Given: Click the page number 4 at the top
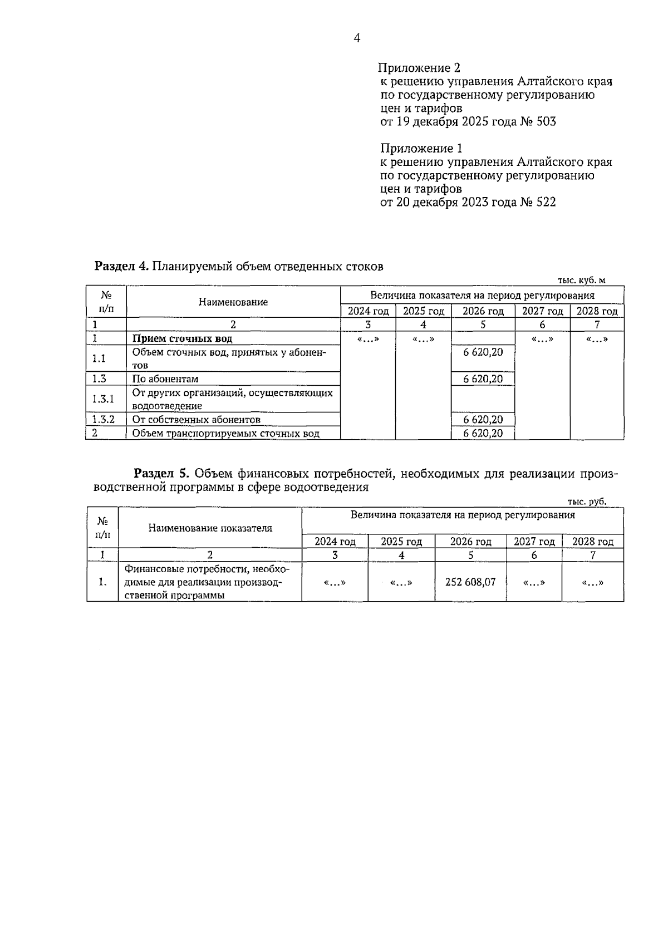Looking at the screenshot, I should [x=357, y=38].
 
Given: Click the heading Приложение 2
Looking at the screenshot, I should [x=419, y=68].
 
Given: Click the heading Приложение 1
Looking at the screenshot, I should [x=421, y=149].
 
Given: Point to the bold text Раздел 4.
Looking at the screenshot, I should [x=121, y=266].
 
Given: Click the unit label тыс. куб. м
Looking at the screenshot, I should [x=581, y=281].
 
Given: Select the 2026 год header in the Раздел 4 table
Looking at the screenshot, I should [x=483, y=311].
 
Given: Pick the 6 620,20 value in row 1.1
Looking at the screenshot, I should [x=483, y=352].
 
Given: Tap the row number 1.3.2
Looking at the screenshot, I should [x=103, y=420].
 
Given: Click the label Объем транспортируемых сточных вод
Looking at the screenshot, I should [x=225, y=433].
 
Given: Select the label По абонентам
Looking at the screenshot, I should [x=165, y=379].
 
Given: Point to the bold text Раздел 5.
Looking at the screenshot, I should [x=162, y=474].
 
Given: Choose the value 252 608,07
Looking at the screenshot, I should [x=470, y=582].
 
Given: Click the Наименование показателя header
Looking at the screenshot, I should [x=210, y=528].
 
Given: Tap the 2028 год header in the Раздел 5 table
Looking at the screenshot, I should [x=592, y=542].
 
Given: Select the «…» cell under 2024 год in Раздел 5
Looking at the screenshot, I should [x=335, y=583].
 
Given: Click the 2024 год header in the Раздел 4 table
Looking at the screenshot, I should [x=368, y=311].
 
